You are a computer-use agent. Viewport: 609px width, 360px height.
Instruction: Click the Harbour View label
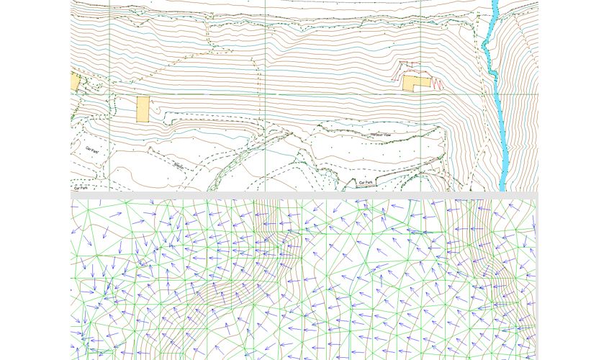coord(380,135)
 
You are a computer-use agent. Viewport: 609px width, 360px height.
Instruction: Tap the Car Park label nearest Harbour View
coord(366,183)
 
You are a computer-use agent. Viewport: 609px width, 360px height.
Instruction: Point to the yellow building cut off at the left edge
coord(75,81)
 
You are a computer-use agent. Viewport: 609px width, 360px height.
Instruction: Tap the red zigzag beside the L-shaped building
coord(438,83)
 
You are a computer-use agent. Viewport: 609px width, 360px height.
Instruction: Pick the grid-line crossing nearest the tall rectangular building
coord(109,94)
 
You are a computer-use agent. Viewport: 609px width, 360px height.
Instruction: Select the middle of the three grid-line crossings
coord(266,94)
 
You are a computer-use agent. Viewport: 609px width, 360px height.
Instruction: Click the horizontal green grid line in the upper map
coord(324,94)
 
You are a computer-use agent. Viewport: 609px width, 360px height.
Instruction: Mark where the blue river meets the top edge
coord(495,2)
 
